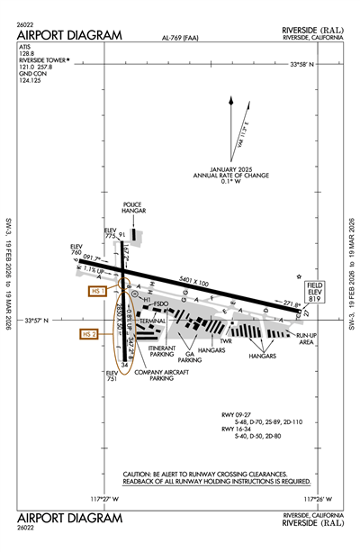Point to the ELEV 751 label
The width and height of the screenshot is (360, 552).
click(112, 376)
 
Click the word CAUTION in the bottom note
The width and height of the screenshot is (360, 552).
click(141, 475)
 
